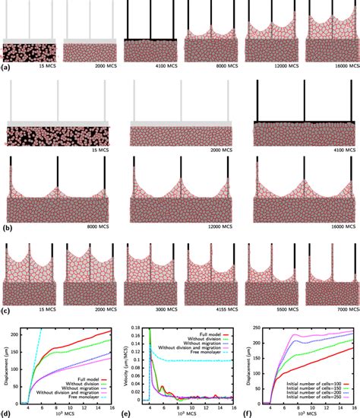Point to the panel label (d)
7,413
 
